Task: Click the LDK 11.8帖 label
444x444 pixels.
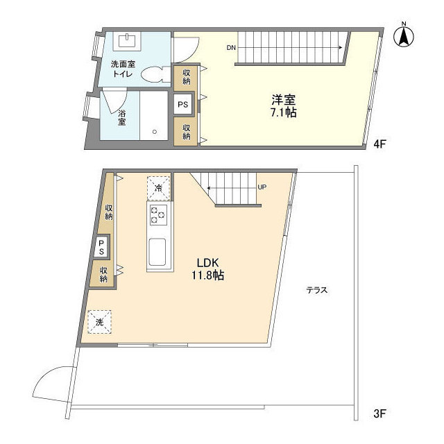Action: coord(209,268)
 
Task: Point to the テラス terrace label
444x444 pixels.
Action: coord(317,290)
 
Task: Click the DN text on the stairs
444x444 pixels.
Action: coord(230,48)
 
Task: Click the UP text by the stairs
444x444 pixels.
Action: coord(262,187)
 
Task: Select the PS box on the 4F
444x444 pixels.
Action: coord(183,105)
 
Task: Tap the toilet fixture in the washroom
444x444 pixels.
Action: coord(153,74)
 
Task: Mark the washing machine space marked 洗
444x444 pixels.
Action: coord(100,321)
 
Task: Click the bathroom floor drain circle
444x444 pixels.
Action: coord(155,130)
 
